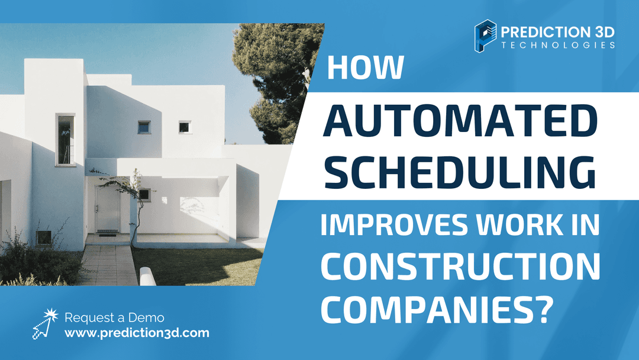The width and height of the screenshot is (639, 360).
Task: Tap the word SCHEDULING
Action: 460,172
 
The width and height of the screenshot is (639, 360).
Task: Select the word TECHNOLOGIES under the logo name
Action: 558,45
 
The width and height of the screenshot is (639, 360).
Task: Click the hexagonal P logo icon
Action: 485,36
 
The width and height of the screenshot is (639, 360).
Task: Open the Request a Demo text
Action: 114,318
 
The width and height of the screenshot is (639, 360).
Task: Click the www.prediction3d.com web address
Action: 137,333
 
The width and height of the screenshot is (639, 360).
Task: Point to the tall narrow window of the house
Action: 66,140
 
